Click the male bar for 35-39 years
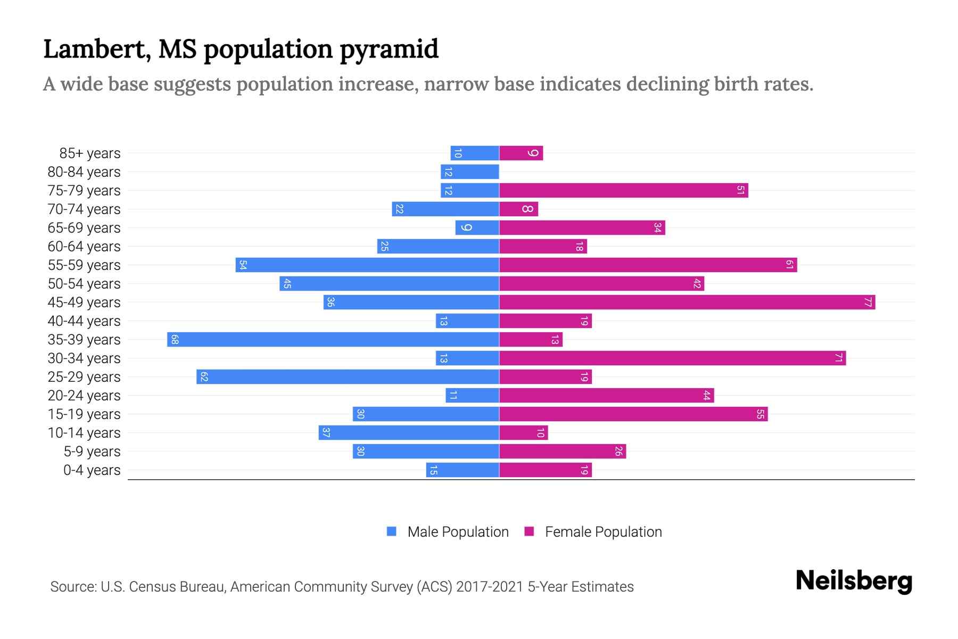pos(333,340)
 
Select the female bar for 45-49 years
pos(687,302)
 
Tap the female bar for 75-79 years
pos(623,191)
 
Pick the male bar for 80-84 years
pos(469,172)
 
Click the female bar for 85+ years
pos(521,153)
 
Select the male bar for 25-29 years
pos(348,377)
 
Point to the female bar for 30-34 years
pos(672,358)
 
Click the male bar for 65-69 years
pos(477,228)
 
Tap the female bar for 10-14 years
pos(523,433)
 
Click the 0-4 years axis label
pos(92,470)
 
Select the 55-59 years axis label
pos(84,265)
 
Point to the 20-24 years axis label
pos(84,396)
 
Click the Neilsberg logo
pos(854,580)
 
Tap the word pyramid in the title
pos(389,50)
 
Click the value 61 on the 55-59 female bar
pos(790,265)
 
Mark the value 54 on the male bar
pos(243,265)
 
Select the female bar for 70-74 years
pos(518,209)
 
